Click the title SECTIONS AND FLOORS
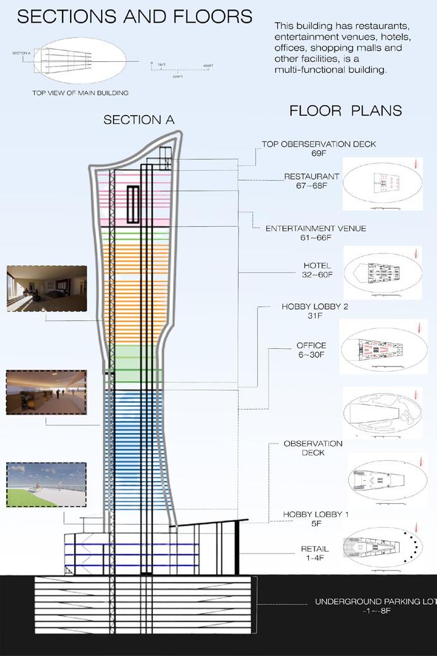click(134, 17)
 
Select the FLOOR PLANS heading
click(345, 111)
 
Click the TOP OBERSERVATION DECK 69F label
click(319, 149)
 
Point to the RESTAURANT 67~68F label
click(311, 181)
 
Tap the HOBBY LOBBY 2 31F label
click(314, 312)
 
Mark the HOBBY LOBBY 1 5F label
click(316, 519)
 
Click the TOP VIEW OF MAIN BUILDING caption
click(80, 93)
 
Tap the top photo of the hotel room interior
click(47, 288)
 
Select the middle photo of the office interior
click(46, 392)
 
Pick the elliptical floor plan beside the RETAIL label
click(382, 548)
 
